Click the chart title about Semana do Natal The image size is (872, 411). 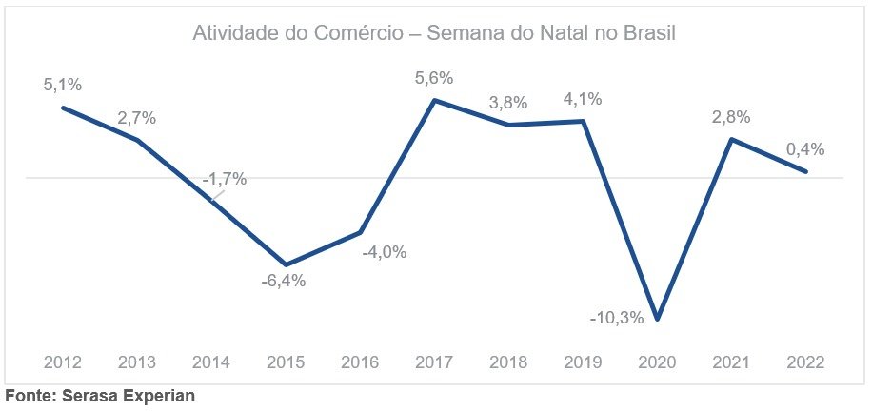[433, 35]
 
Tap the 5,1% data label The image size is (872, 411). [63, 85]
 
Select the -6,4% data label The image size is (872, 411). [285, 281]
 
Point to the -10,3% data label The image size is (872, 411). [617, 318]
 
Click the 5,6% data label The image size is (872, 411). [433, 78]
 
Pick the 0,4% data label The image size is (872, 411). [804, 149]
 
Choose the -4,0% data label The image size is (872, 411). [385, 252]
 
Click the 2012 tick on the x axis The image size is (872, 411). [63, 362]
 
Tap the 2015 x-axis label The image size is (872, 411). [286, 362]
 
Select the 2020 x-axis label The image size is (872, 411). [658, 362]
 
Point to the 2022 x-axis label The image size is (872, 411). [806, 362]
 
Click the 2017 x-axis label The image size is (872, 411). [434, 362]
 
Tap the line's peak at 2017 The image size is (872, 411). [434, 99]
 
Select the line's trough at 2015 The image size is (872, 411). [286, 264]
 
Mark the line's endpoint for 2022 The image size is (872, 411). [807, 172]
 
